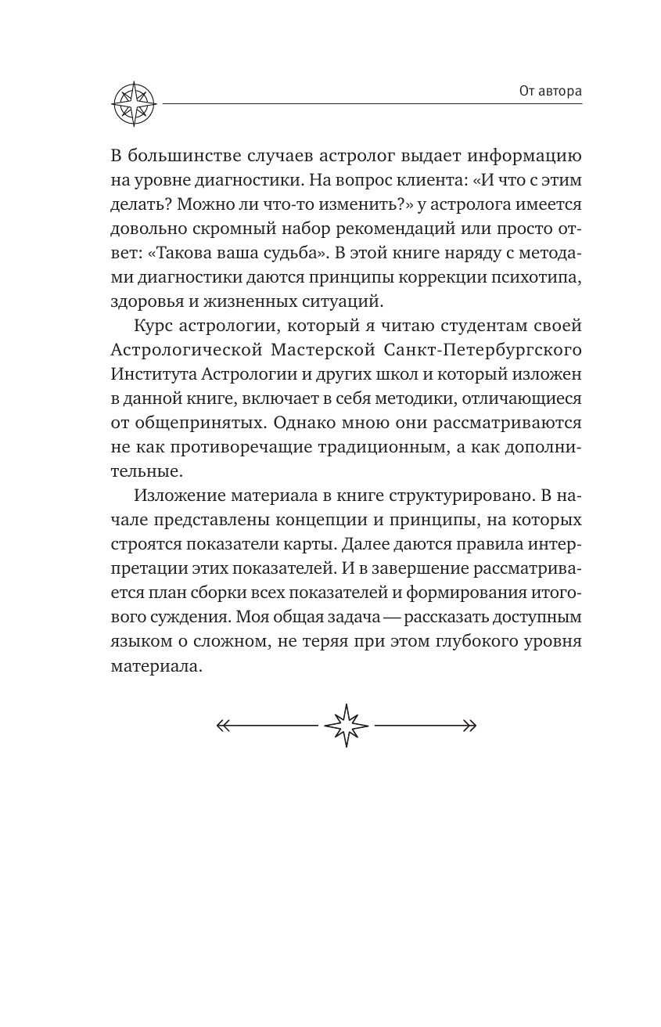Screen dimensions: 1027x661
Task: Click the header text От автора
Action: coord(551,92)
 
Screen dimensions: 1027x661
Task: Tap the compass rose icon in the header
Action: coord(135,103)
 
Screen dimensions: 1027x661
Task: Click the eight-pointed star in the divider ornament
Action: coord(346,725)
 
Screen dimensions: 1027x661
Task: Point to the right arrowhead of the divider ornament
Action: coord(469,725)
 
